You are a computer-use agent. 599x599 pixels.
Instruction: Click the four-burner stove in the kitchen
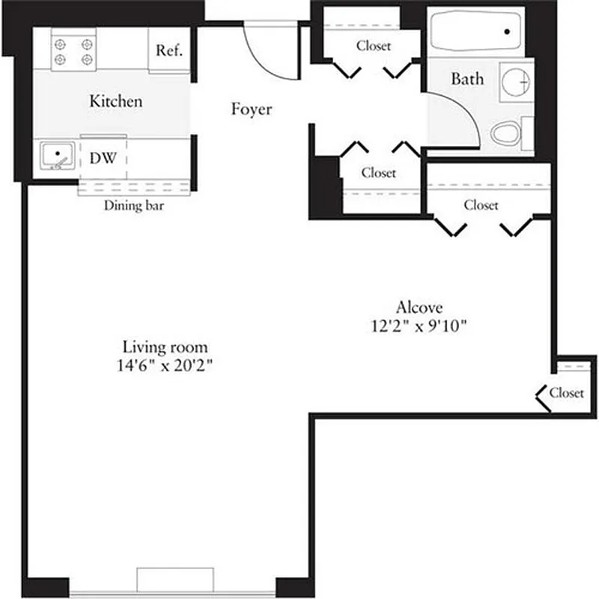pyautogui.click(x=73, y=50)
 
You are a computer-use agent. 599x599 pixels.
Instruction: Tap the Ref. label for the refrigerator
pyautogui.click(x=168, y=51)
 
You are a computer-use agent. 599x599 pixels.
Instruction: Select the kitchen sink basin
pyautogui.click(x=56, y=156)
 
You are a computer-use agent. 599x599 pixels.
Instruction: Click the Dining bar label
pyautogui.click(x=134, y=205)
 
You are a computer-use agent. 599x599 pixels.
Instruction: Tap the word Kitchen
pyautogui.click(x=115, y=101)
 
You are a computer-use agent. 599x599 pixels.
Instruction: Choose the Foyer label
pyautogui.click(x=251, y=110)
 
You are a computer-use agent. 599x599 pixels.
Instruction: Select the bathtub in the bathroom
pyautogui.click(x=476, y=31)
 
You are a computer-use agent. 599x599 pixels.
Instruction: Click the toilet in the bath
pyautogui.click(x=508, y=135)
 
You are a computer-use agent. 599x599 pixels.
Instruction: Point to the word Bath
pyautogui.click(x=467, y=79)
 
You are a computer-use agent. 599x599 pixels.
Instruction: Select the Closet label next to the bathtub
pyautogui.click(x=373, y=46)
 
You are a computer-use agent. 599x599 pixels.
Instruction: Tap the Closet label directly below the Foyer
pyautogui.click(x=378, y=173)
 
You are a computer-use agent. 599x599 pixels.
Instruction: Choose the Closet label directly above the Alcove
pyautogui.click(x=481, y=205)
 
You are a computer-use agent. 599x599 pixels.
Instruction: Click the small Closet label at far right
pyautogui.click(x=566, y=392)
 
